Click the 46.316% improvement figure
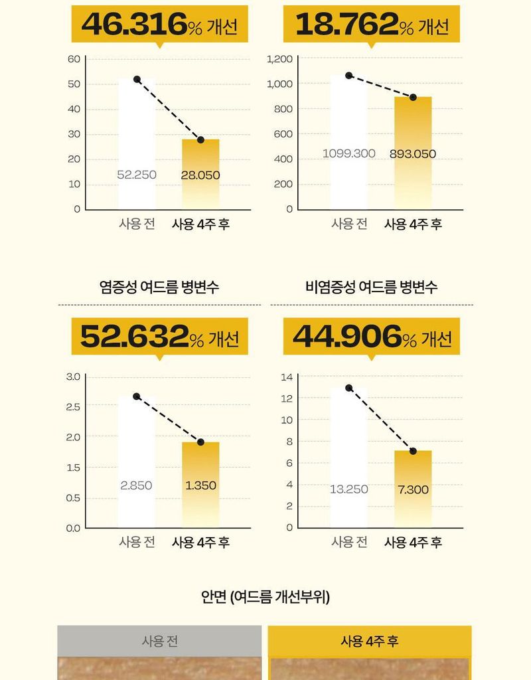tap(159, 25)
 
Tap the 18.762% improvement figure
tap(372, 25)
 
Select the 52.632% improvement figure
tap(159, 336)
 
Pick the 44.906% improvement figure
tap(372, 336)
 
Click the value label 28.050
tap(200, 175)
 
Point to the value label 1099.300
tap(349, 153)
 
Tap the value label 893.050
tap(412, 154)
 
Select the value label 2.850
tap(136, 485)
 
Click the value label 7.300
tap(413, 489)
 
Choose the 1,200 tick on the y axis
tap(279, 59)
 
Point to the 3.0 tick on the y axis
tap(73, 377)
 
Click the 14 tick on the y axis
tap(287, 377)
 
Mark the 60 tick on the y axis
tap(74, 59)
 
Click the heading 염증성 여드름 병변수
tap(159, 287)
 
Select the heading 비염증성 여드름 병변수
tap(372, 287)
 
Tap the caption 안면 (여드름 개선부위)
tap(265, 596)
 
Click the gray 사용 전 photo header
tap(159, 641)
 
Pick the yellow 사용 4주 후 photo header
tap(370, 641)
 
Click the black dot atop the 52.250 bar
tap(137, 79)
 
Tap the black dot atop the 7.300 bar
tap(413, 451)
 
